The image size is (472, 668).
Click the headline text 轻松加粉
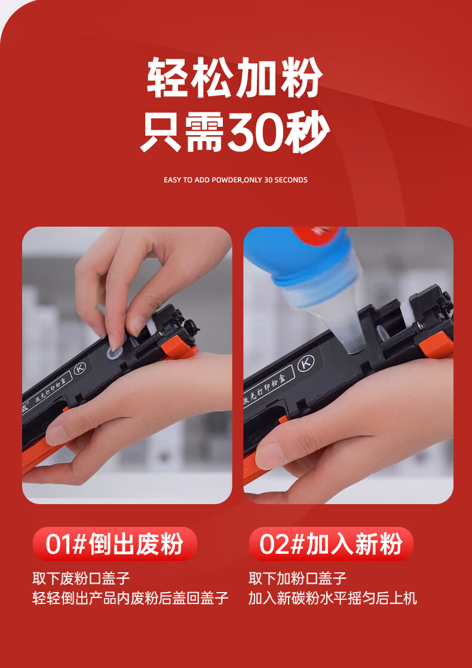(x=235, y=78)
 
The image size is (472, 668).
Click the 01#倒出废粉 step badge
(x=115, y=544)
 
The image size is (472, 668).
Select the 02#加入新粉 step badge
(x=331, y=544)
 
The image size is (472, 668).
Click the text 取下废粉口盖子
(x=81, y=578)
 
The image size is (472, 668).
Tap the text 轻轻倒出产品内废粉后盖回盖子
(x=131, y=598)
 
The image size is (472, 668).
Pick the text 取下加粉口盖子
(x=298, y=578)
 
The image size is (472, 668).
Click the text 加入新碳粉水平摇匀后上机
(x=333, y=598)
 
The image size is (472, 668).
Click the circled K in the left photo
(x=79, y=368)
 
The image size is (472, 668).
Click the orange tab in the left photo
(x=180, y=348)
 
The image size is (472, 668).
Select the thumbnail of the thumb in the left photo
(x=57, y=435)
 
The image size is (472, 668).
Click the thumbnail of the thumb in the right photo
(x=270, y=455)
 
